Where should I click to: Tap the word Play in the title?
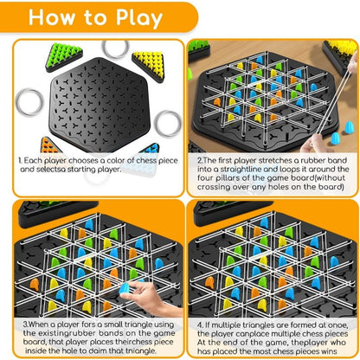tap(132, 18)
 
